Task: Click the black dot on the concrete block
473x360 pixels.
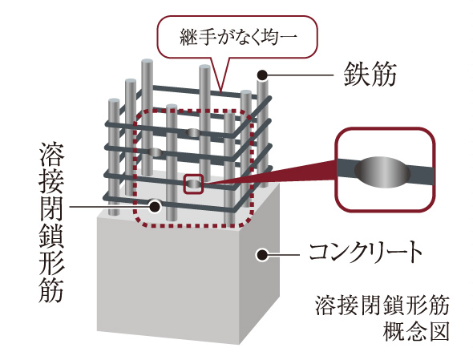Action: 260,255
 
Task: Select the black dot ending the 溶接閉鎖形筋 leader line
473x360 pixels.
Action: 154,205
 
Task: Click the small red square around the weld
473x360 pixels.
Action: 194,184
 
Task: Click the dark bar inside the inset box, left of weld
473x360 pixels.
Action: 349,170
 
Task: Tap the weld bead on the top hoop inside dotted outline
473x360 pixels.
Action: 193,131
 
